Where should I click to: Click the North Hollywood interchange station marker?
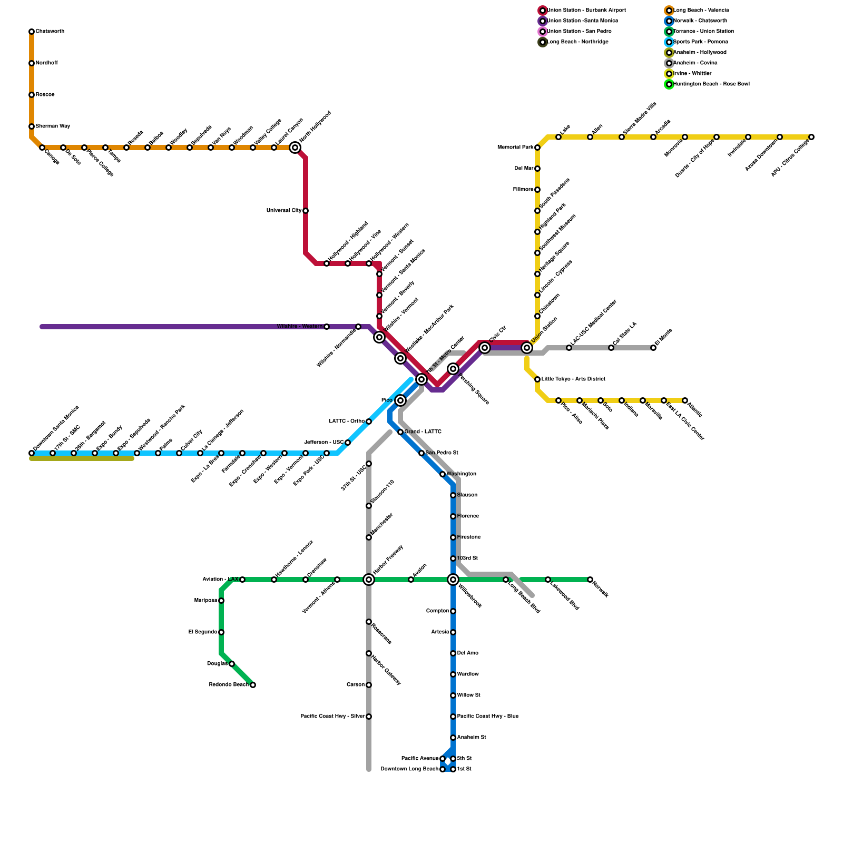pos(295,148)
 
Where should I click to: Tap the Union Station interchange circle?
pos(527,348)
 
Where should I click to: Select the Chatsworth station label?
pos(50,32)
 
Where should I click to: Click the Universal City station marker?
pos(306,211)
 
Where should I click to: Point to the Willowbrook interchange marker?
pos(453,580)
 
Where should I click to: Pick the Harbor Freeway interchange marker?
pos(369,580)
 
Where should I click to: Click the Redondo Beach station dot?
pos(253,685)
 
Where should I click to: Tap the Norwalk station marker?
pos(590,580)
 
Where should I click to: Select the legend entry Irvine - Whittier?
pos(692,74)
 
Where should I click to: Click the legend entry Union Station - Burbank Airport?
pos(586,11)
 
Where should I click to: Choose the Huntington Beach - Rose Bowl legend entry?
pos(711,84)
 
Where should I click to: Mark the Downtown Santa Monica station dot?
pos(32,453)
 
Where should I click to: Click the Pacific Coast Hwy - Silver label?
pos(332,717)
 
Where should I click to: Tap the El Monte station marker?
pos(653,348)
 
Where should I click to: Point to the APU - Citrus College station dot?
pos(811,137)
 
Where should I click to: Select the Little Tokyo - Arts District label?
pos(573,379)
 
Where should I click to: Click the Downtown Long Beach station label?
pos(409,769)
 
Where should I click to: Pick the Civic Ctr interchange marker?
pos(485,348)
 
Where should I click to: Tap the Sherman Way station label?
pos(53,126)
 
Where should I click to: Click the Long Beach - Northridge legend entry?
pos(577,42)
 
